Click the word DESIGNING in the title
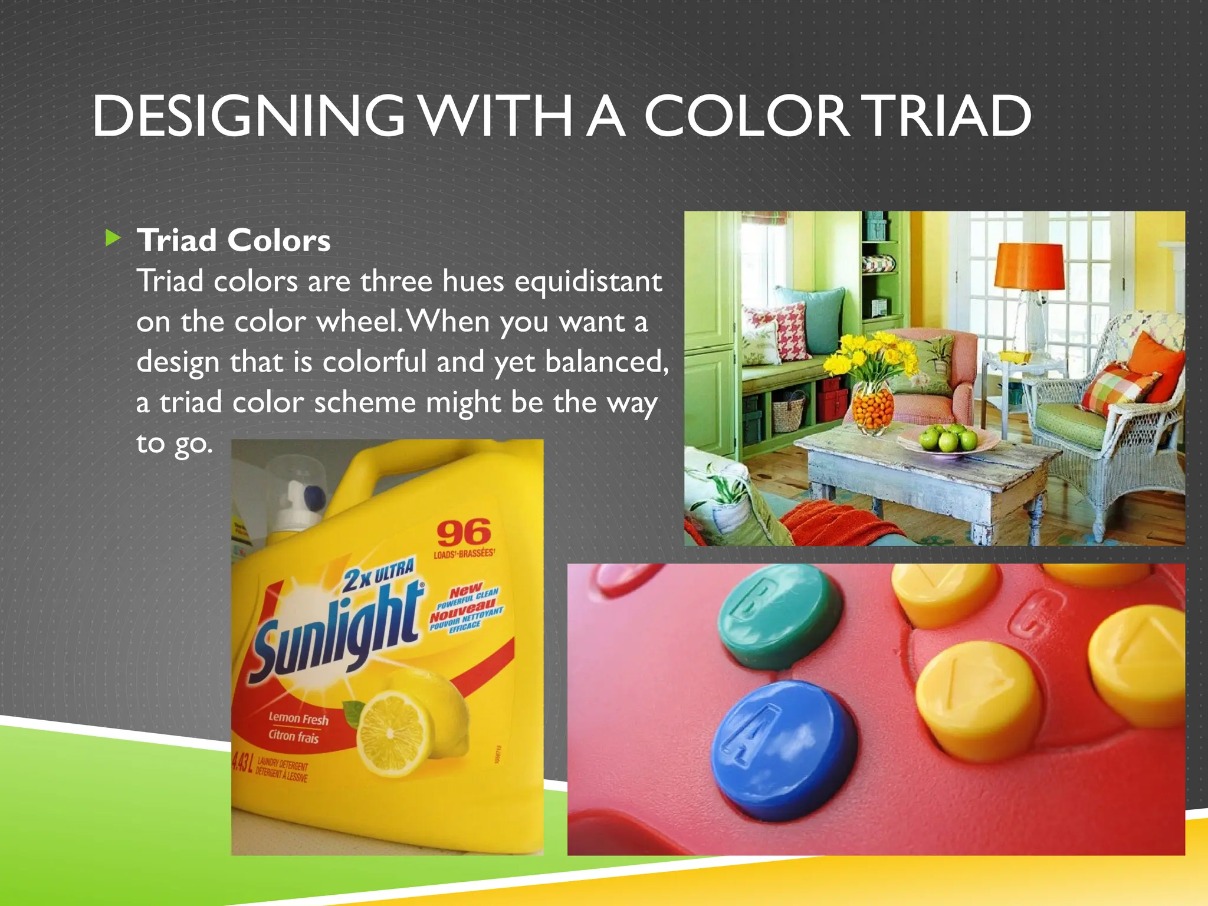248,116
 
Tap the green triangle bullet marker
112,239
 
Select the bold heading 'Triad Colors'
234,241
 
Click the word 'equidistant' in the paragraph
588,281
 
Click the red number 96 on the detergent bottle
464,533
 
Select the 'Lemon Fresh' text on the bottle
298,718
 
